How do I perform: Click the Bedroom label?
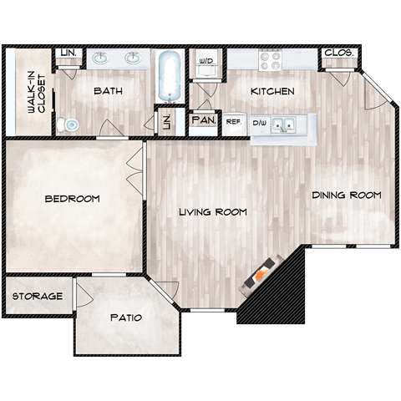point(72,199)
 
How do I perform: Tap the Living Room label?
point(213,212)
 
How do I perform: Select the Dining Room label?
point(346,195)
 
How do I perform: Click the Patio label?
point(125,317)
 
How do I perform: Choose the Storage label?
point(37,297)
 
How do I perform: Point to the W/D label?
point(207,61)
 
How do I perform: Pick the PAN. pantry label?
point(204,121)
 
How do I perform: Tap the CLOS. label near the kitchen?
point(339,53)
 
